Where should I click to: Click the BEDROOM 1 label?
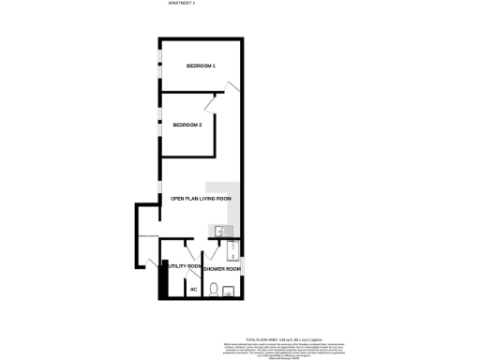coord(201,66)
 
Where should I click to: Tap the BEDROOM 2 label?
coord(187,125)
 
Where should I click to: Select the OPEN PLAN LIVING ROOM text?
coord(200,199)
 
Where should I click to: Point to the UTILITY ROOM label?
coord(181,267)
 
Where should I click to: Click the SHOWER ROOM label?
coord(223,269)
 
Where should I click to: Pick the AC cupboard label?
coord(194,289)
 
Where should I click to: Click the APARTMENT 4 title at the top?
coord(181,4)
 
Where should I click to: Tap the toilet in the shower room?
coord(213,290)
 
